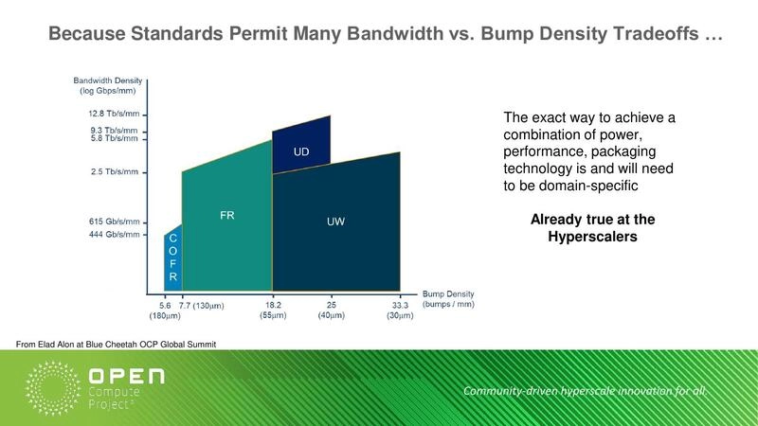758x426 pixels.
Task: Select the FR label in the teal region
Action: (x=227, y=215)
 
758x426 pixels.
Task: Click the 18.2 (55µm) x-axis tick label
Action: (x=273, y=310)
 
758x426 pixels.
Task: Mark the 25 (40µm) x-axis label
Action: (x=331, y=310)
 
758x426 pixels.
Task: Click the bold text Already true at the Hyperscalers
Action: (x=592, y=228)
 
